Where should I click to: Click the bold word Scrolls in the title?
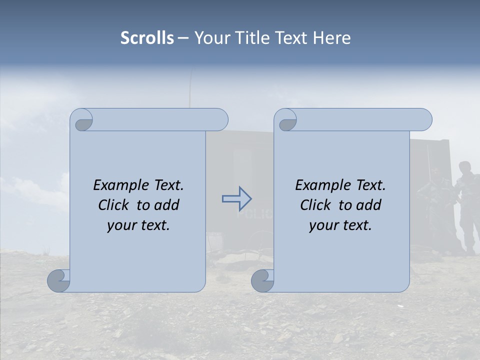(147, 38)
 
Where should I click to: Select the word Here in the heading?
(331, 38)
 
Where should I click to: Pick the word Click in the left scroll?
(115, 205)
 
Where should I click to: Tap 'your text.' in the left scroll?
(138, 225)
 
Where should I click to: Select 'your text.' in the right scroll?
(340, 225)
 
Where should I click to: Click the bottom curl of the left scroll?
(58, 280)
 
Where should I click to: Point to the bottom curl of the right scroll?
(262, 280)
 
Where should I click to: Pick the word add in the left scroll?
(166, 205)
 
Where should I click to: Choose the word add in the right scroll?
(368, 205)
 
